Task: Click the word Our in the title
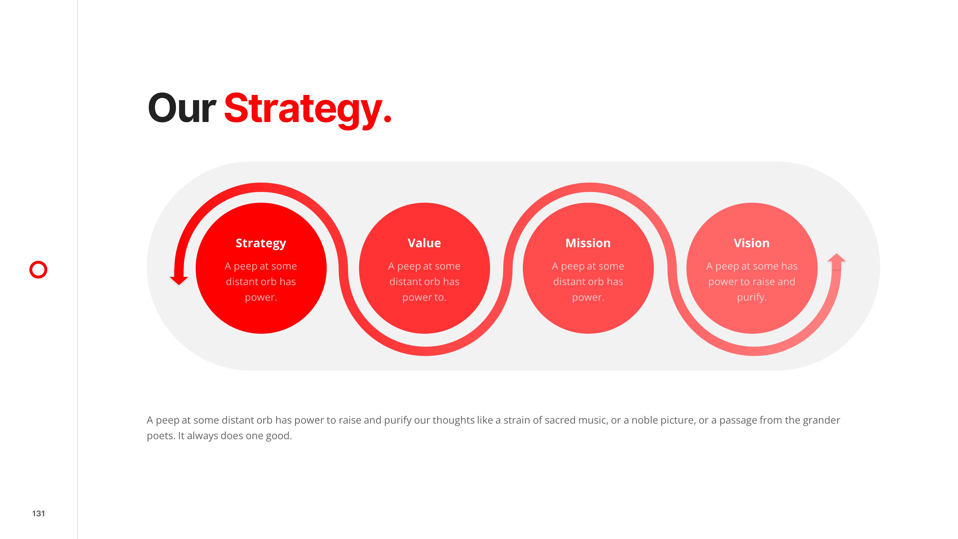pos(182,108)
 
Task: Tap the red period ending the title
pos(387,118)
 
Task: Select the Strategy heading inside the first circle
pos(261,243)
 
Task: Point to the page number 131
pos(39,513)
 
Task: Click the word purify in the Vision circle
pos(751,298)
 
